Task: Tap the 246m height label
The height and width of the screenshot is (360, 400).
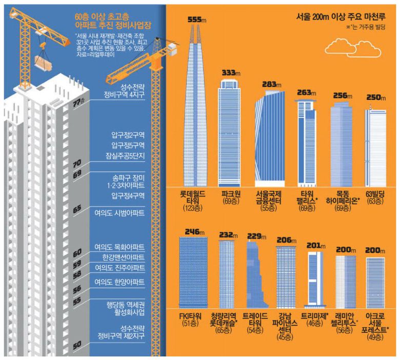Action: [x=193, y=231]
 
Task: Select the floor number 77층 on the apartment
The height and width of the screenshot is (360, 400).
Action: [x=78, y=103]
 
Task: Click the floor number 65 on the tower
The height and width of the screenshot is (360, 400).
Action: [x=77, y=209]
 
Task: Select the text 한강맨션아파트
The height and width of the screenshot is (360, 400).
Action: [x=123, y=257]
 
